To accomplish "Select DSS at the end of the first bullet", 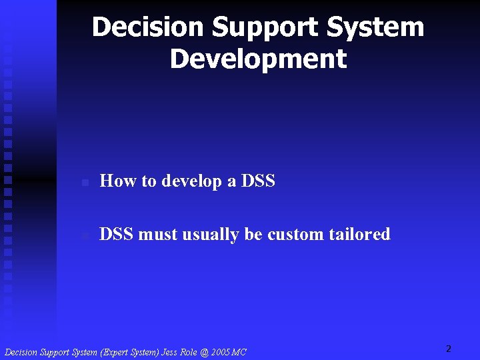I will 258,181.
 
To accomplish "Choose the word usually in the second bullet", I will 211,235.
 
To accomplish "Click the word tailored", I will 360,234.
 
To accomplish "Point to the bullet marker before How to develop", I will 84,182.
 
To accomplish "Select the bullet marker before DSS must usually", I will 84,235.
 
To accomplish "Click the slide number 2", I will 449,349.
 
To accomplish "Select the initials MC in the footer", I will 239,352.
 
